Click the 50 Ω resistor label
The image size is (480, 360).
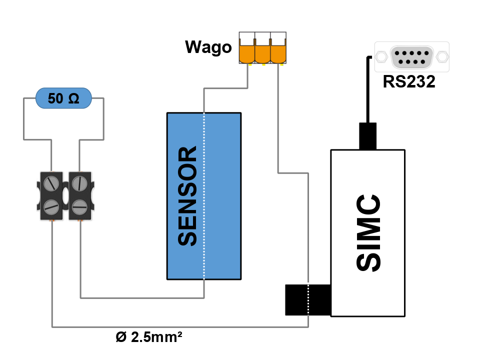63,99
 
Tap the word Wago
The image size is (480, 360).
208,47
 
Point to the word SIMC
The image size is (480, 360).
368,233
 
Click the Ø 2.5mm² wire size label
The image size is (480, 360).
148,336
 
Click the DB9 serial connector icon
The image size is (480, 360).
412,56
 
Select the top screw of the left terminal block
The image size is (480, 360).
51,183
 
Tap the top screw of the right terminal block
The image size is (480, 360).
79,183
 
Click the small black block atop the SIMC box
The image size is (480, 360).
367,136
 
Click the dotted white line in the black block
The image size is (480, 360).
308,299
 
